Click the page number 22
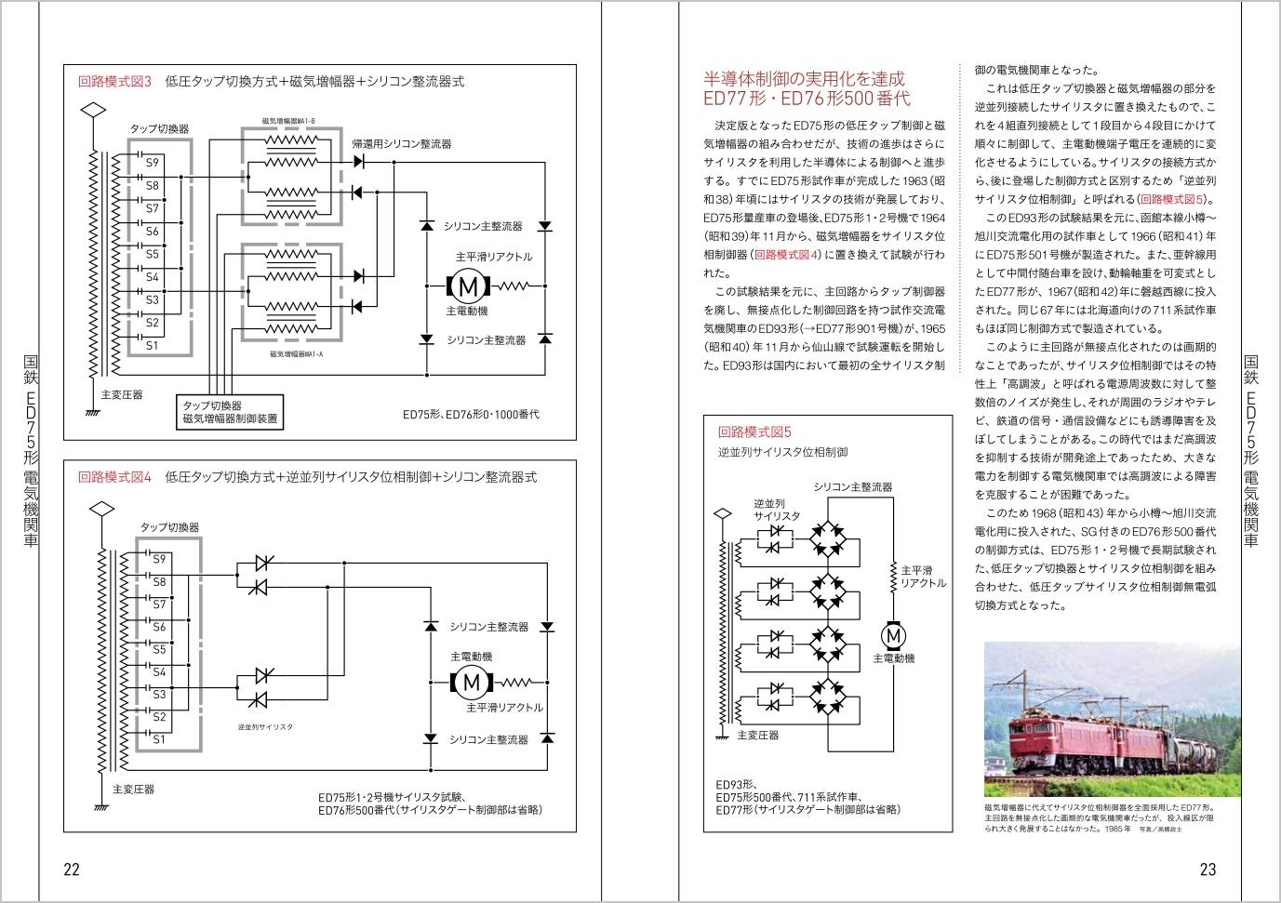point(71,870)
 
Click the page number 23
point(1208,870)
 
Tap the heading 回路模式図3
point(114,81)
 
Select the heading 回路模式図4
point(114,477)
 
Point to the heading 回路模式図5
point(754,432)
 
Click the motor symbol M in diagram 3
point(470,286)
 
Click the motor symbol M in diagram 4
point(471,683)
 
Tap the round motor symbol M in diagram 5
point(894,635)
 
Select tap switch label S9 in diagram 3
point(152,163)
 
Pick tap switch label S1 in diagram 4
point(159,739)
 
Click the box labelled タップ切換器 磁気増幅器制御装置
point(230,412)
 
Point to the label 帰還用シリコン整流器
point(402,144)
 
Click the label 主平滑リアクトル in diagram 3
point(494,257)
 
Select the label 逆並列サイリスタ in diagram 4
point(264,726)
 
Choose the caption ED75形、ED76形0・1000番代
point(471,414)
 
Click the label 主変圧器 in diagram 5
point(757,735)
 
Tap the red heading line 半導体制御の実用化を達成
point(804,78)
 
